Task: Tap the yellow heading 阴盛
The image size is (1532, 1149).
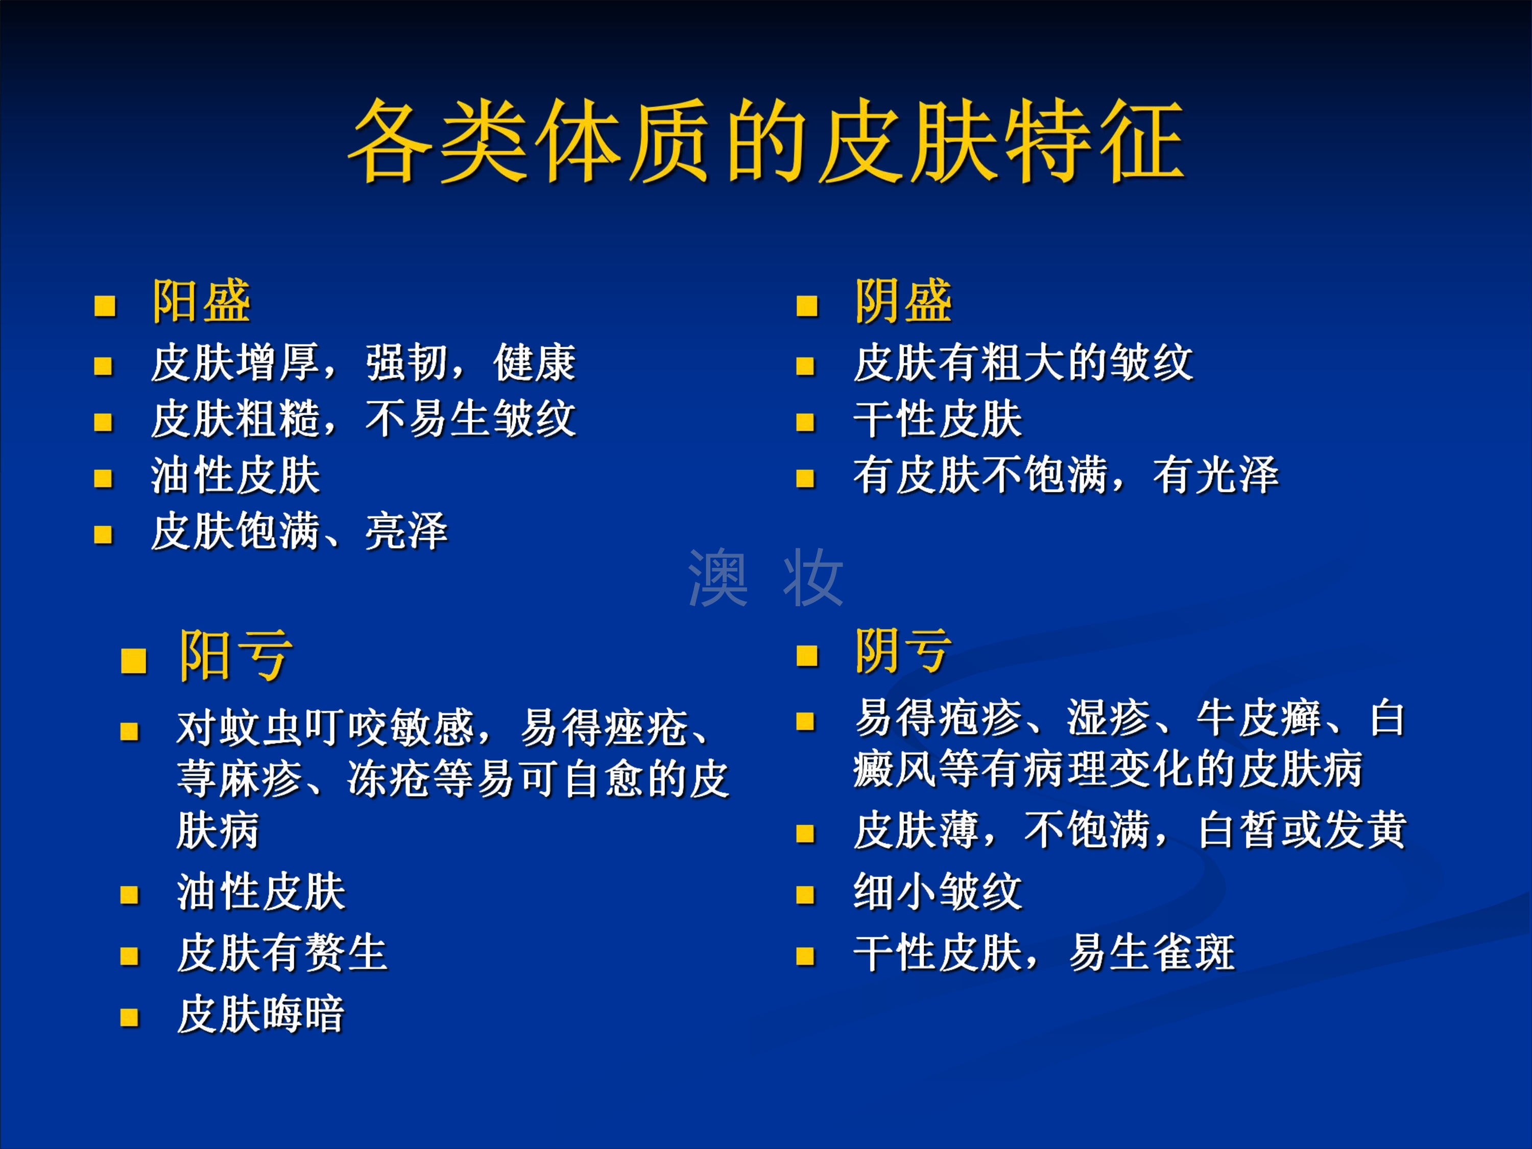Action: [904, 301]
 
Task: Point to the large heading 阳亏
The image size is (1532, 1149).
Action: [236, 656]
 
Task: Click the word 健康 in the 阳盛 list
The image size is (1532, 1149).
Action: [535, 362]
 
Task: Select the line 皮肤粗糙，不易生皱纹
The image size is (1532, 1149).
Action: [364, 419]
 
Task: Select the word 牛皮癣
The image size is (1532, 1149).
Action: [1260, 718]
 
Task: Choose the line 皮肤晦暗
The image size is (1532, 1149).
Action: [261, 1015]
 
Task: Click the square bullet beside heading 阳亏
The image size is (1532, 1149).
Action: [134, 661]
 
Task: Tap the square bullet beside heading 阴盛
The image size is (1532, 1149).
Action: [807, 305]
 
